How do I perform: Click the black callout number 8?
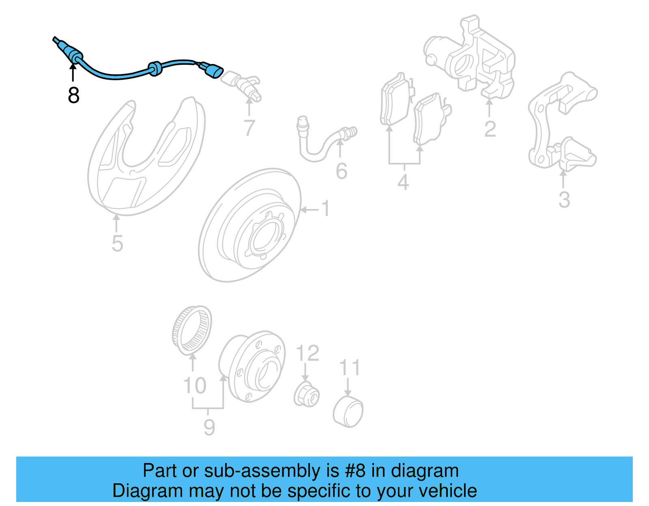point(73,95)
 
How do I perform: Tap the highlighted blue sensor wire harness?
point(118,76)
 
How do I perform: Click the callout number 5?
point(117,243)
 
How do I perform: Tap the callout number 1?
point(326,209)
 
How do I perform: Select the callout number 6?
point(342,171)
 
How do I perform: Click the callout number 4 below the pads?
point(403,182)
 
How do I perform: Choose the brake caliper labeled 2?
point(471,57)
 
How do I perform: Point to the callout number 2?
point(490,129)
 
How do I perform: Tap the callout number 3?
point(564,200)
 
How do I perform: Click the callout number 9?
point(209,427)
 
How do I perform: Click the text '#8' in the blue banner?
point(355,471)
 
